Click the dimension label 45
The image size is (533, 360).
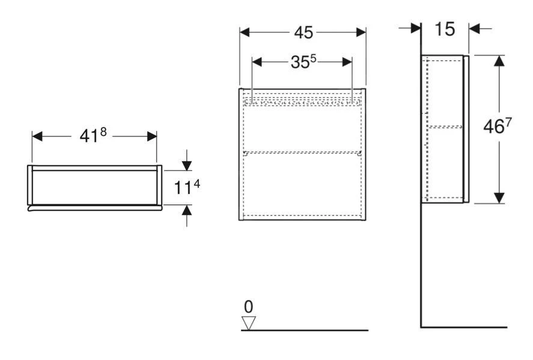(x=303, y=32)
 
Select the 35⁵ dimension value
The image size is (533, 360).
(x=302, y=63)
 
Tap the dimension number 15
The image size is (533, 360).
(x=445, y=28)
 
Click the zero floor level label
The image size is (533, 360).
(x=248, y=307)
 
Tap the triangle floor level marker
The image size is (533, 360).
(x=248, y=323)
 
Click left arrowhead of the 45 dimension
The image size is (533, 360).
(x=245, y=32)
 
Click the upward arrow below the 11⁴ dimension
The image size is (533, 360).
(x=187, y=210)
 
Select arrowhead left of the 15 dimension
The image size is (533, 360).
(x=415, y=28)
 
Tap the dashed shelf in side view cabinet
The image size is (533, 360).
(x=443, y=126)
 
